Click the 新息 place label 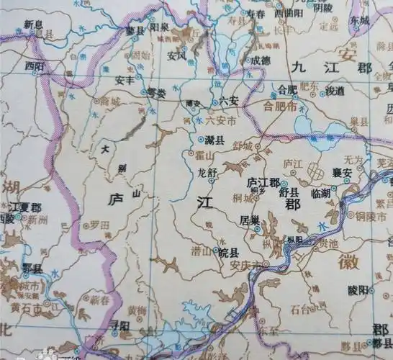point(34,24)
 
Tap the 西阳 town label point(35,65)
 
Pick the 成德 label point(257,60)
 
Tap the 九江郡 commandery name point(332,67)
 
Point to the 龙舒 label point(207,172)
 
